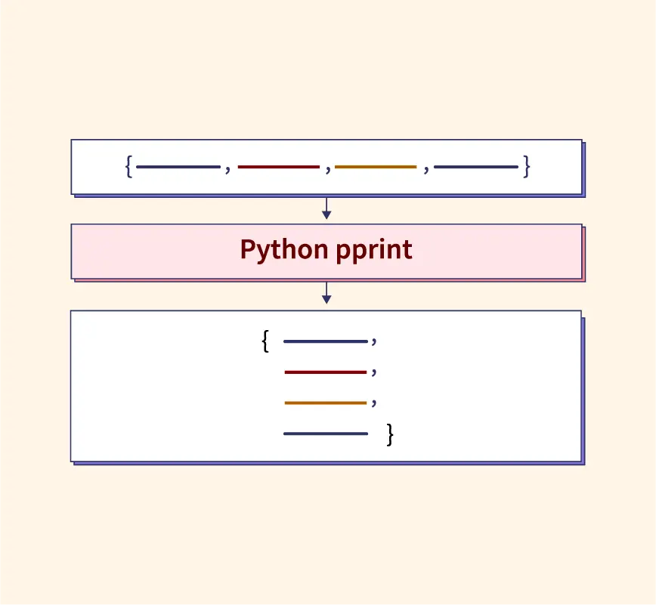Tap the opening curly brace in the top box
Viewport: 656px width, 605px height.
tap(129, 166)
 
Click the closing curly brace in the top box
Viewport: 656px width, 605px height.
tap(527, 166)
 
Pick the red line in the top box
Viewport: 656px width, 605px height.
tap(279, 166)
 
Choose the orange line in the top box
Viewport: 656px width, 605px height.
tap(376, 166)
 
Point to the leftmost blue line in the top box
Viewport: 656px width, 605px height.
tap(178, 166)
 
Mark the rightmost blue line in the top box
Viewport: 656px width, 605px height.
tap(476, 166)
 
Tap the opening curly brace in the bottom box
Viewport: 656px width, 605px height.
tap(265, 341)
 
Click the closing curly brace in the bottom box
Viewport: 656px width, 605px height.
tap(390, 434)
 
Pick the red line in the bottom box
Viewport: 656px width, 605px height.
tap(326, 372)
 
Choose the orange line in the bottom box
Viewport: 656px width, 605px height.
tap(326, 403)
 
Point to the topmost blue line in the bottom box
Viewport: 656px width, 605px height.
tap(326, 341)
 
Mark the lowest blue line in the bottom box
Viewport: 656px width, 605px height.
tap(326, 434)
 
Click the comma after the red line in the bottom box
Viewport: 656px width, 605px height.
tap(374, 374)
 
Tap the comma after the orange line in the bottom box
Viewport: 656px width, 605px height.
tap(374, 404)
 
